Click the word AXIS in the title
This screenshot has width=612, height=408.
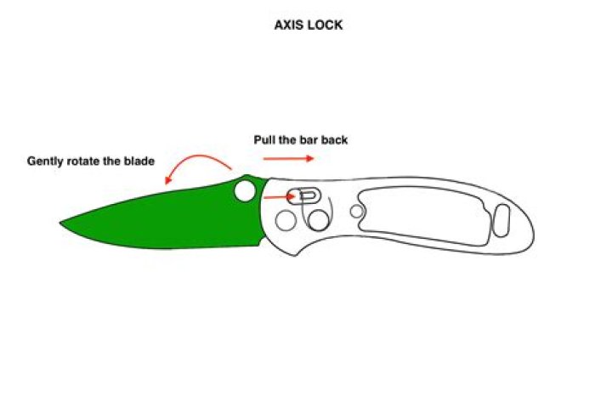tap(289, 25)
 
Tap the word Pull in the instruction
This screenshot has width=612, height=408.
tap(264, 139)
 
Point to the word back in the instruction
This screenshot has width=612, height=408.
tap(335, 139)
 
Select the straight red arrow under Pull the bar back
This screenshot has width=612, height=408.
tap(288, 158)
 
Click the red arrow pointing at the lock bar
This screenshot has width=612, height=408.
tap(279, 197)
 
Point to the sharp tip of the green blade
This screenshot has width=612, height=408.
tap(60, 223)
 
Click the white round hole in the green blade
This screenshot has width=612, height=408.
tap(245, 191)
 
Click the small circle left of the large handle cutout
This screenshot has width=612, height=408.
tap(357, 212)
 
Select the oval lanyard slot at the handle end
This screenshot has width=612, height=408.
tap(501, 221)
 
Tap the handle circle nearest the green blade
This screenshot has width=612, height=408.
tap(286, 220)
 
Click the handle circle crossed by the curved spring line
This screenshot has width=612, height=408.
tap(319, 220)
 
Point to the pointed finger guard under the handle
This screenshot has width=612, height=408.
tap(296, 254)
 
